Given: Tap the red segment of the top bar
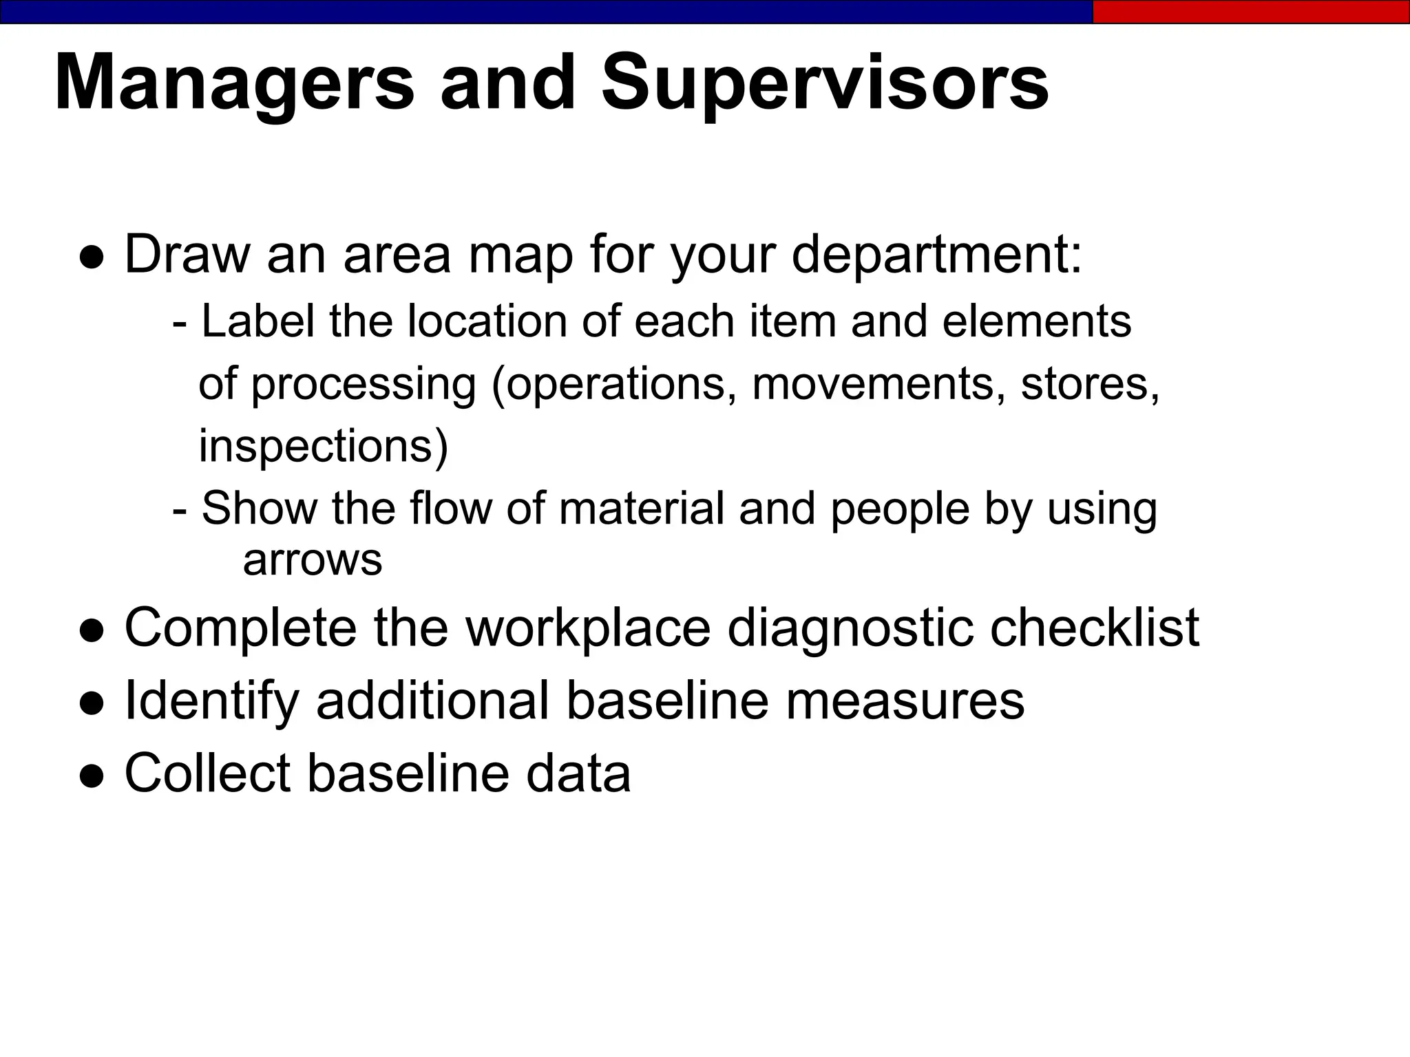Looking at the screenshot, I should [x=1250, y=12].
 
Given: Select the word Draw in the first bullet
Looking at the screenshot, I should [x=187, y=255].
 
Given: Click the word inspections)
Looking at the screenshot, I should [x=323, y=446].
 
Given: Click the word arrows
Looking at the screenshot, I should [x=312, y=560].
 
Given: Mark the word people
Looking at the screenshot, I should [x=899, y=509].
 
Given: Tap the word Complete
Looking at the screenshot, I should [x=240, y=628].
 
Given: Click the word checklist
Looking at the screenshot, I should [x=1094, y=628].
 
